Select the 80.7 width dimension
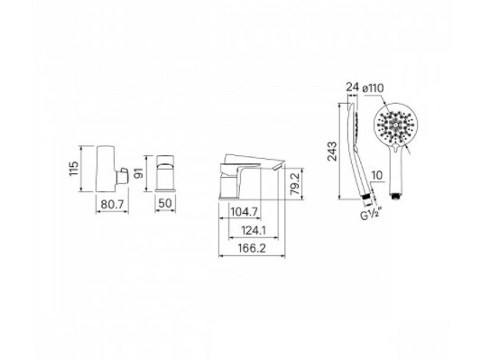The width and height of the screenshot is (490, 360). click(111, 206)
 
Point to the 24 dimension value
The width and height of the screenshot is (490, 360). click(352, 88)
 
